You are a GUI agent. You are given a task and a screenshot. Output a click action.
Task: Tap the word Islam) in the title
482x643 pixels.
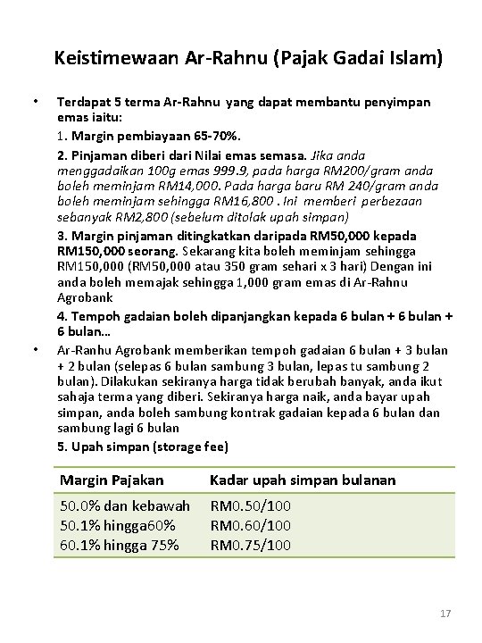412,59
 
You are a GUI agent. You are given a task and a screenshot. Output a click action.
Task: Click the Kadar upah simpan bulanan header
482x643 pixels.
302,480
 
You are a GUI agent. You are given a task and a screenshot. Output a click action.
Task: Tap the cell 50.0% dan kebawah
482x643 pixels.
124,506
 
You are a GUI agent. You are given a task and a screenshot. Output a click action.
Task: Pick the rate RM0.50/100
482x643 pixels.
250,506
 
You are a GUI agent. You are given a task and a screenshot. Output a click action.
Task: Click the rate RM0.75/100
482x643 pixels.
250,546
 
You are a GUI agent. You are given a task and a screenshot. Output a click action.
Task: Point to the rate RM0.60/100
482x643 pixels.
250,526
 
